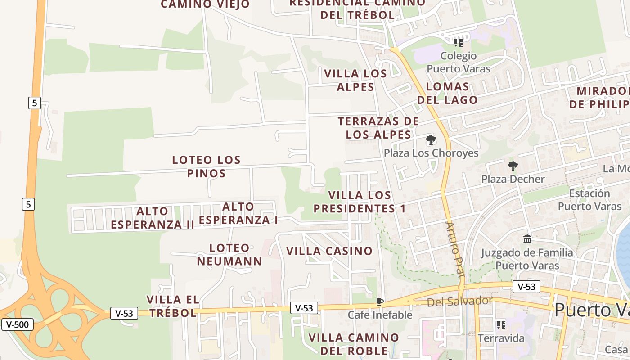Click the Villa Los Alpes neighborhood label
click(355, 80)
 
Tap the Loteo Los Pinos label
click(207, 166)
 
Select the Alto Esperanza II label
click(153, 218)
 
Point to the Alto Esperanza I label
click(238, 213)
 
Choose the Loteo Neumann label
click(229, 255)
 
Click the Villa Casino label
click(330, 251)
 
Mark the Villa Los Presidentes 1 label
click(360, 202)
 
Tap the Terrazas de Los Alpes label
click(378, 128)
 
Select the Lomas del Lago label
click(447, 93)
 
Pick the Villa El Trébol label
click(173, 306)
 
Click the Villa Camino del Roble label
click(354, 344)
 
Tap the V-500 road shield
click(18, 324)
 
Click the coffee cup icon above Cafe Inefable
click(380, 301)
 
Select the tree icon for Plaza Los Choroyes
click(431, 140)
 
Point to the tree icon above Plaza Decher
click(513, 166)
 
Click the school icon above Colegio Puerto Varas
click(458, 43)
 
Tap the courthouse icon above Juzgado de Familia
click(527, 239)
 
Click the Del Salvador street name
click(459, 301)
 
